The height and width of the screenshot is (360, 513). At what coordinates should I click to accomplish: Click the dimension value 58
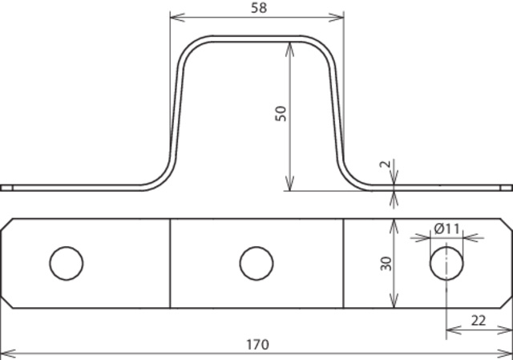coord(259,8)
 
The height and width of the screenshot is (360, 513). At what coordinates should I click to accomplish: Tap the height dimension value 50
coord(281,114)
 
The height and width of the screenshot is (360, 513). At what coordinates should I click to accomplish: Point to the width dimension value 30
coord(386,264)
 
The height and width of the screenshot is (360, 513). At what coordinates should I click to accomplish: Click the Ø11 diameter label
coord(447,229)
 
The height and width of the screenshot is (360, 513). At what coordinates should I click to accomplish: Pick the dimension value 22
coord(479,321)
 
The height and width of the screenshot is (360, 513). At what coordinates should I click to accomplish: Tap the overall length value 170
coord(257,345)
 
